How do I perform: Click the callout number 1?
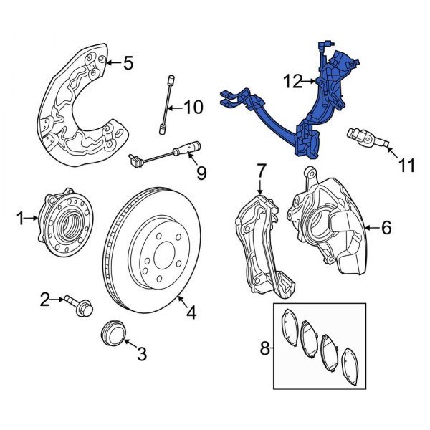click(x=21, y=215)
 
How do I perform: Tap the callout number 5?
click(x=128, y=64)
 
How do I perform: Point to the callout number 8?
click(x=264, y=350)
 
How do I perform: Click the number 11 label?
click(x=406, y=166)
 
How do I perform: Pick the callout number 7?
click(x=261, y=171)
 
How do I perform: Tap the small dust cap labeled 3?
click(x=113, y=333)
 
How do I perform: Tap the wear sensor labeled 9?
click(x=165, y=153)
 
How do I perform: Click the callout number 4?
click(x=191, y=312)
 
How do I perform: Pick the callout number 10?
click(x=193, y=109)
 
